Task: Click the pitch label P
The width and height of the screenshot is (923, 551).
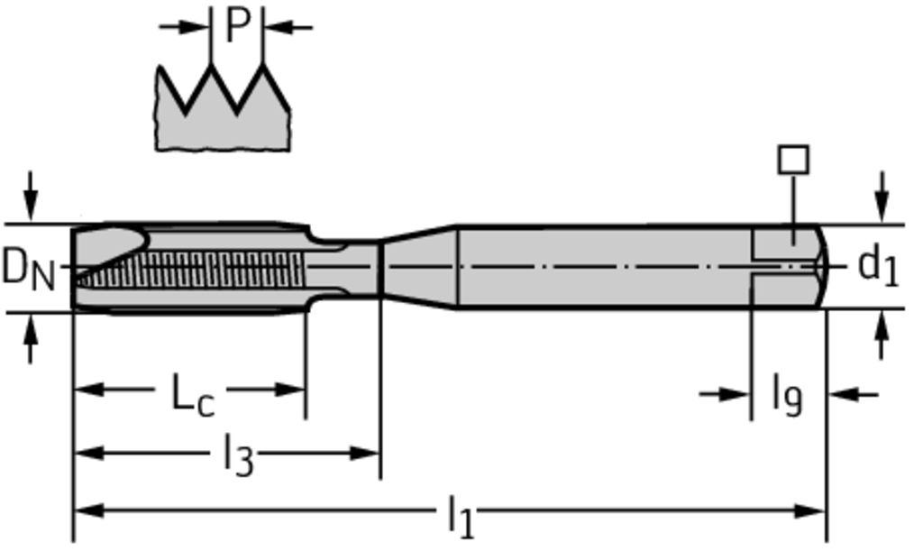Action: pos(237,25)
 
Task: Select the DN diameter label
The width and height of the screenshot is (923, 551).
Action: pos(28,269)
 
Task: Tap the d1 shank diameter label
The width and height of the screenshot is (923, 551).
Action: pos(878,266)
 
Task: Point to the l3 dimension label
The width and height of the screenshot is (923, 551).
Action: pos(238,455)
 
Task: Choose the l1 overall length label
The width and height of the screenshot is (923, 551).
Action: pos(461,516)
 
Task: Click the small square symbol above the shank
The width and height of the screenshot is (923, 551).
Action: pos(793,160)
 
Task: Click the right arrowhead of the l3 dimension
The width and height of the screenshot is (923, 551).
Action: pos(364,454)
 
